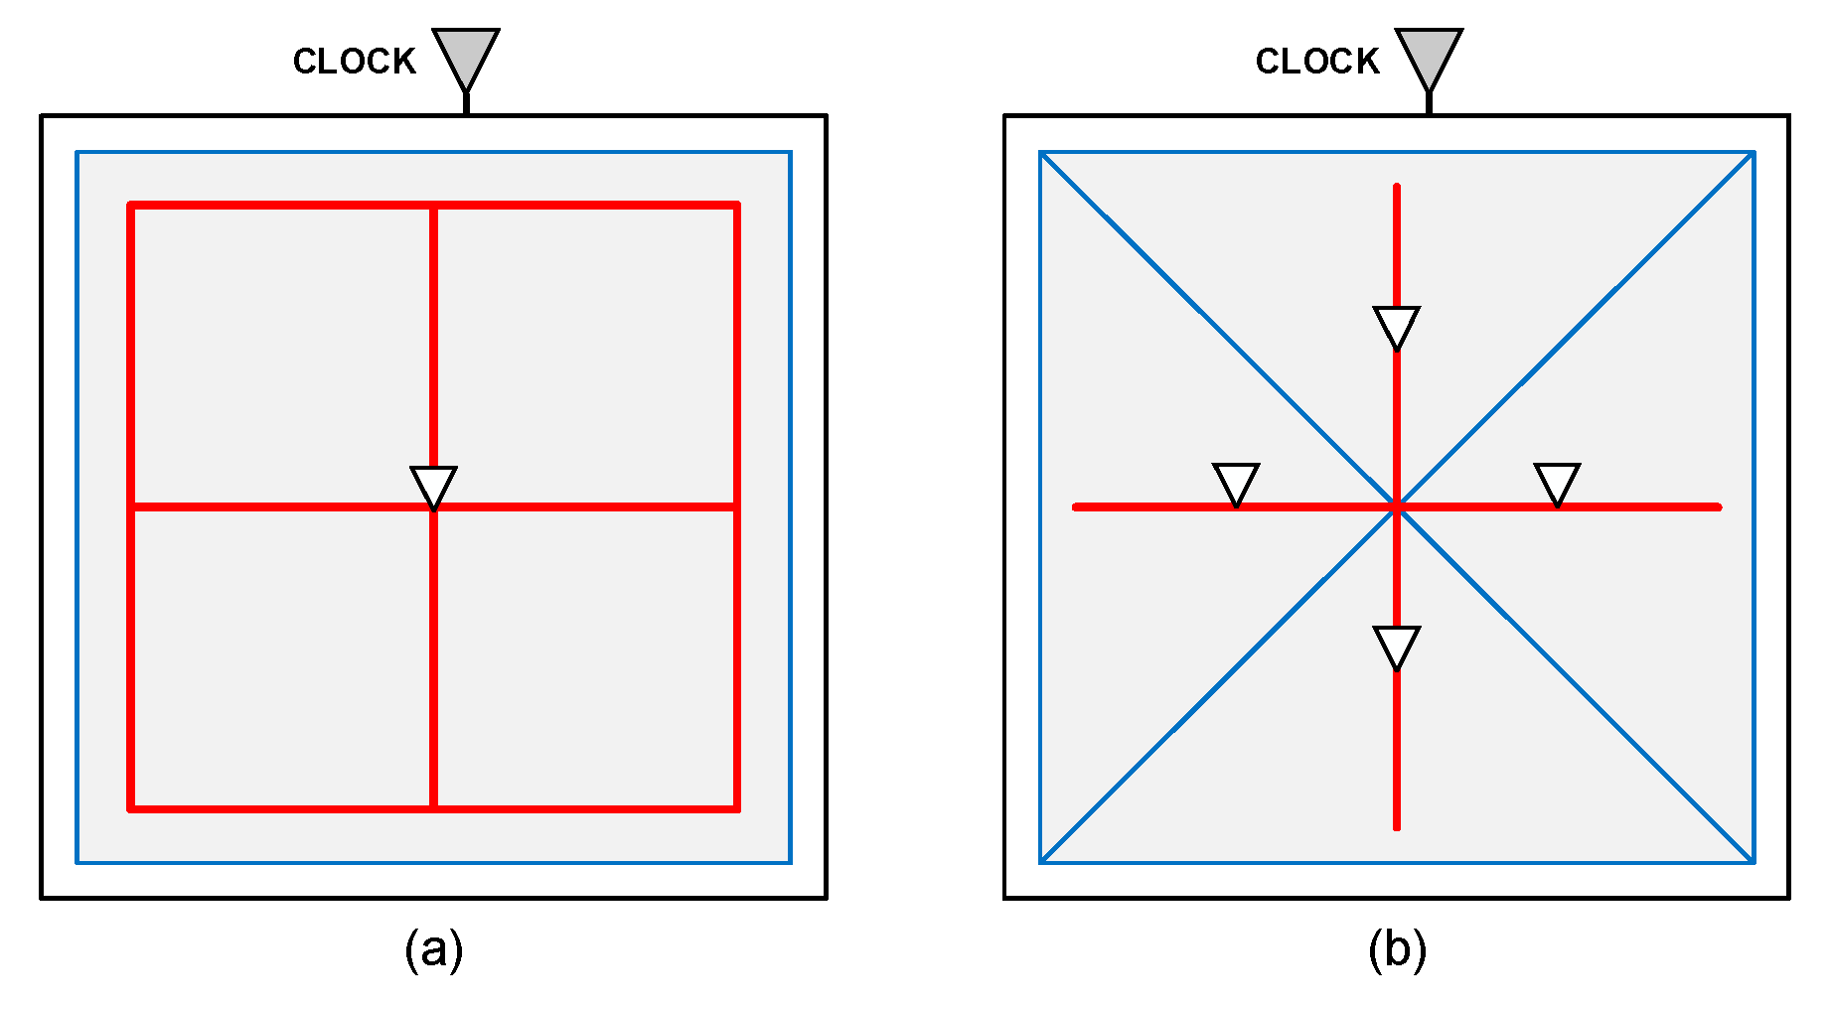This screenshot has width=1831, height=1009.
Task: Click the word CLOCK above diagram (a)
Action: [354, 62]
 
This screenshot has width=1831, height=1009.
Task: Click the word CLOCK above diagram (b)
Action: [1316, 62]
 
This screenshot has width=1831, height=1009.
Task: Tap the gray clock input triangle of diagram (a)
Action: [465, 56]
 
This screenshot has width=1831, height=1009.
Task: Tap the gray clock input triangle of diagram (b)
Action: [1428, 56]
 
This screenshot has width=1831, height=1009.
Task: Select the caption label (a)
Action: [433, 950]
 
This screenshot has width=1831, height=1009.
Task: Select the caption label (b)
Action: [1396, 950]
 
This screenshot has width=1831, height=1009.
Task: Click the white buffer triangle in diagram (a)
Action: [433, 485]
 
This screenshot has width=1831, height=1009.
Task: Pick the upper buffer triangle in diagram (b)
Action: [1396, 326]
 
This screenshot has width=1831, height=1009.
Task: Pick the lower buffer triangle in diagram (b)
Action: [1396, 646]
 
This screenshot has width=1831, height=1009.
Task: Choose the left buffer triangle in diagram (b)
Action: [1236, 483]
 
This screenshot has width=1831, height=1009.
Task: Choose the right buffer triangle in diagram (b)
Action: [1557, 483]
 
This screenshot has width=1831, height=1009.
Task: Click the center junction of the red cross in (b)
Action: [1396, 507]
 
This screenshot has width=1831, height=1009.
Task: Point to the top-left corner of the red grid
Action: [131, 206]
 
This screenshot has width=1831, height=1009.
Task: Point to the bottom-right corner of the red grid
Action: [736, 808]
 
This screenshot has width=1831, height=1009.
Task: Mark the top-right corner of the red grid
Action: [736, 206]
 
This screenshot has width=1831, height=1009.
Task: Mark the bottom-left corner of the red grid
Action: [131, 808]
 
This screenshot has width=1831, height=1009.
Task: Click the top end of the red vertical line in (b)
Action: [1396, 187]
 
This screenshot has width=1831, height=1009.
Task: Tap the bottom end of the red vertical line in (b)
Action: [1396, 826]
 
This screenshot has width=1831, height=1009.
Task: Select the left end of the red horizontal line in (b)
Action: [1076, 507]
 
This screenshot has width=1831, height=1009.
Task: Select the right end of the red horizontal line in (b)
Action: [1718, 507]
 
